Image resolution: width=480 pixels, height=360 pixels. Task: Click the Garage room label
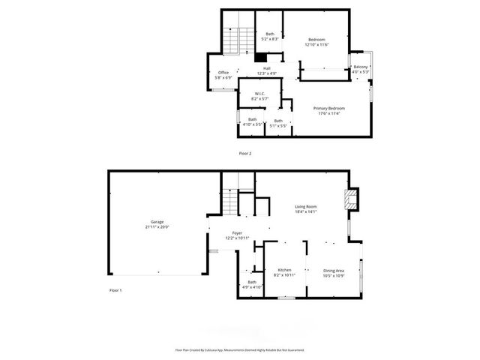[x=157, y=222]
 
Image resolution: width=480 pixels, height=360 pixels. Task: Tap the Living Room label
[x=305, y=206]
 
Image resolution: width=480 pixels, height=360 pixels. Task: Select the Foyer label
[x=237, y=233]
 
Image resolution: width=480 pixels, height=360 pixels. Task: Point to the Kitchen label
[x=284, y=270]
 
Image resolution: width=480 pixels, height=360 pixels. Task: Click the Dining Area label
[x=334, y=271]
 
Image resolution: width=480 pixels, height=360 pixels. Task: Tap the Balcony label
[x=361, y=67]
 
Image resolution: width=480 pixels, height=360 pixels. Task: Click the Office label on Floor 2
[x=223, y=72]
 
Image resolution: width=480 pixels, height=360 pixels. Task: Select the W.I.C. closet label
[x=257, y=94]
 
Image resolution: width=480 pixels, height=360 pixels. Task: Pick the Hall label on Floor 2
[x=266, y=68]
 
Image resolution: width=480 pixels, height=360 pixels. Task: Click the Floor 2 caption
[x=245, y=153]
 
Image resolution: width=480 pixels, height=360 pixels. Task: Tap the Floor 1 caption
[x=115, y=289]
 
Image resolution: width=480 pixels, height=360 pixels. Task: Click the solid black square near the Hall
[x=260, y=58]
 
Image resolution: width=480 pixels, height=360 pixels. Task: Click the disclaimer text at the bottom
[x=240, y=349]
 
